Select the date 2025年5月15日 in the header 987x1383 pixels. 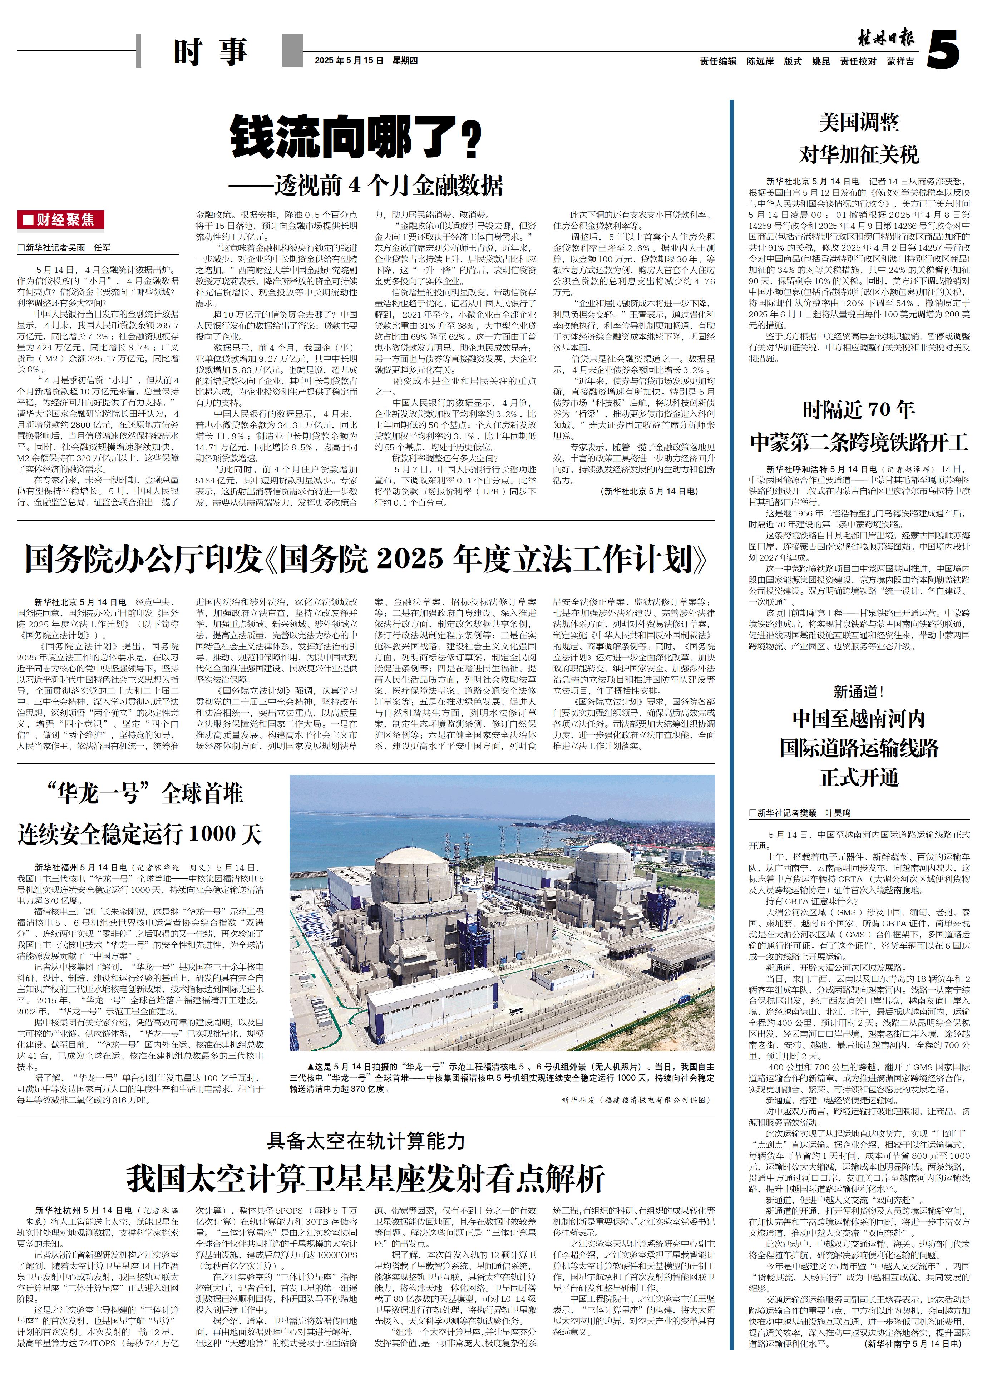pos(350,61)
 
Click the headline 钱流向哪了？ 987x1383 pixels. pos(356,138)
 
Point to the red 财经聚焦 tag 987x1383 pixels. pos(61,220)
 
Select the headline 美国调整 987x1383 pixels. pos(859,123)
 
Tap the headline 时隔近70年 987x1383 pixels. pos(859,410)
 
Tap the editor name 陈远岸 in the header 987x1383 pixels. pos(760,61)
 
